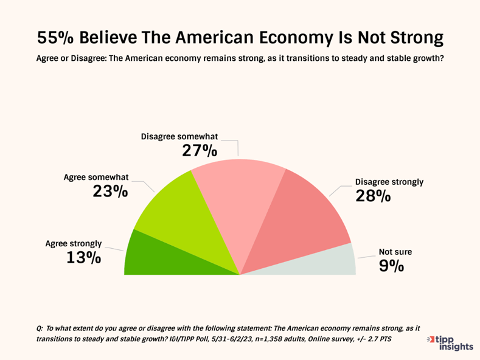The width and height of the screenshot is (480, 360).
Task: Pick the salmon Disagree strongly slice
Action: [x=298, y=219]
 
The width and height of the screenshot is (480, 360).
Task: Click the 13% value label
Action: [x=83, y=257]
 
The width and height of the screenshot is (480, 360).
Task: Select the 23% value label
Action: [x=110, y=192]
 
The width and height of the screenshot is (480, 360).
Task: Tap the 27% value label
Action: [x=200, y=150]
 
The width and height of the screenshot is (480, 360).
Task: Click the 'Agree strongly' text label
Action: [x=74, y=243]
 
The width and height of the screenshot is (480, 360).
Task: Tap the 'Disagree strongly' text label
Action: [x=389, y=181]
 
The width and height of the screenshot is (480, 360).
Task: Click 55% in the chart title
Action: [x=55, y=38]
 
